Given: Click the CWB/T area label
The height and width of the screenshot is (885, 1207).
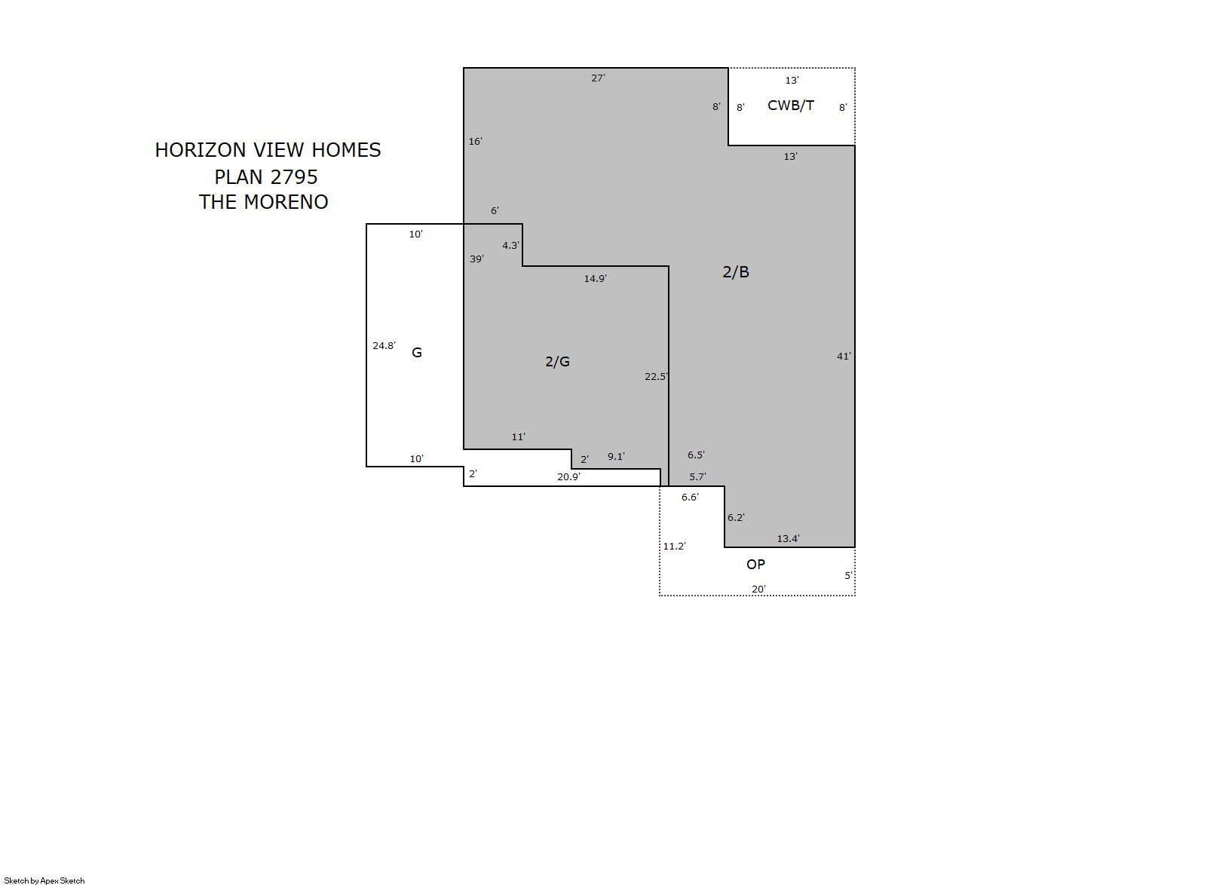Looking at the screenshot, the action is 791,106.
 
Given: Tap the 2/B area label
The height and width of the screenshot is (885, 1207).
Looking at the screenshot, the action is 736,272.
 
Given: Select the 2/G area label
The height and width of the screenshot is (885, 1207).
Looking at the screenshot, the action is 557,361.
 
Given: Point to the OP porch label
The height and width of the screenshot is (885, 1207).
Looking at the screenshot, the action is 755,565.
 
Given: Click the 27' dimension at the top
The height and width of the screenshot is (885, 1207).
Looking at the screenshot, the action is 598,78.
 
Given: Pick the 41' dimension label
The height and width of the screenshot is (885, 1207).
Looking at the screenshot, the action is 844,356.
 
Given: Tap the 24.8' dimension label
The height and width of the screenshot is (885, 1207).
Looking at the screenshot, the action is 384,346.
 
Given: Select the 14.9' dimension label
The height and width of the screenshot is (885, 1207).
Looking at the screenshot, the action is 596,278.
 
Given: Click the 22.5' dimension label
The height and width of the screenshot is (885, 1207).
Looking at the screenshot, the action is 657,376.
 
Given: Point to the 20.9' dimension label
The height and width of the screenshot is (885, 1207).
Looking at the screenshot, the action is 569,476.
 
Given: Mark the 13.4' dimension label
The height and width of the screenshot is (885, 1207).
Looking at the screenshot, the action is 789,539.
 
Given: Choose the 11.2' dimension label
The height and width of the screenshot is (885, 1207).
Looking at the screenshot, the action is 675,547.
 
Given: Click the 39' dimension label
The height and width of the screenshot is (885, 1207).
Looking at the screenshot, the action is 477,259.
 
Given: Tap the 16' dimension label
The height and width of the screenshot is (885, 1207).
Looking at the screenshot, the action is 475,142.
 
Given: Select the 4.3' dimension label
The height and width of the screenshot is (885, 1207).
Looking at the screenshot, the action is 511,246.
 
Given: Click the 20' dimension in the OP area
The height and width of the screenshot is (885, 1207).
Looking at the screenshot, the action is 758,589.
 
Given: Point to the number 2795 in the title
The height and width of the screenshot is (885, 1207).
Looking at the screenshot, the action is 294,177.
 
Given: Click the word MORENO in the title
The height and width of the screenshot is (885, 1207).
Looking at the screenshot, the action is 286,202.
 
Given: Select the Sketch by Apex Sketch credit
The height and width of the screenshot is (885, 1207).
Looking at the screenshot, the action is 44,880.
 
